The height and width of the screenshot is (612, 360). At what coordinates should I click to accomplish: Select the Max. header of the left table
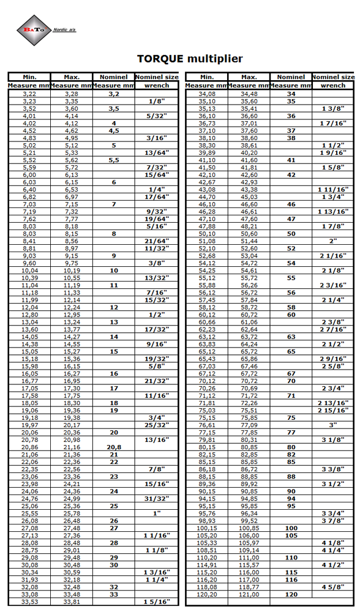[72, 77]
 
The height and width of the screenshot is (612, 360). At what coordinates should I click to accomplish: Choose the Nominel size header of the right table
[333, 77]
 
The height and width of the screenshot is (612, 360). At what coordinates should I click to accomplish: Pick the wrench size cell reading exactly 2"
[333, 241]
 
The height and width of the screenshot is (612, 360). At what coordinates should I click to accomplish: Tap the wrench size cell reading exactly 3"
[333, 425]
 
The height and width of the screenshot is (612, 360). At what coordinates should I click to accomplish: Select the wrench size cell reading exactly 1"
[157, 513]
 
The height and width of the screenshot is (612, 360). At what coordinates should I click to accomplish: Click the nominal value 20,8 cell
[113, 447]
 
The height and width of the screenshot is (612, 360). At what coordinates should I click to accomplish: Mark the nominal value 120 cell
[291, 594]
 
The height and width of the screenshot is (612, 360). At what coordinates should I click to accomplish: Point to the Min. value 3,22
[29, 94]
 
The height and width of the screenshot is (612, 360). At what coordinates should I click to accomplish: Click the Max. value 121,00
[249, 594]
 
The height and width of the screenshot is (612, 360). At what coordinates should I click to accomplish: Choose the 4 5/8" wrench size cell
[333, 587]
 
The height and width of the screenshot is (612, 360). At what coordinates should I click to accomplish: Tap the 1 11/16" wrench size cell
[333, 190]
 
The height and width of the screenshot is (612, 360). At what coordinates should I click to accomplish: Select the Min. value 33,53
[29, 602]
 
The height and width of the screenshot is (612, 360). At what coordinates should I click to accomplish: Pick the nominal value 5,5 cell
[113, 160]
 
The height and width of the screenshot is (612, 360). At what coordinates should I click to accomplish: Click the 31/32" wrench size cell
[157, 498]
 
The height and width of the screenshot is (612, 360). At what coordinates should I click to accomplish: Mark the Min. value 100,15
[207, 528]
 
